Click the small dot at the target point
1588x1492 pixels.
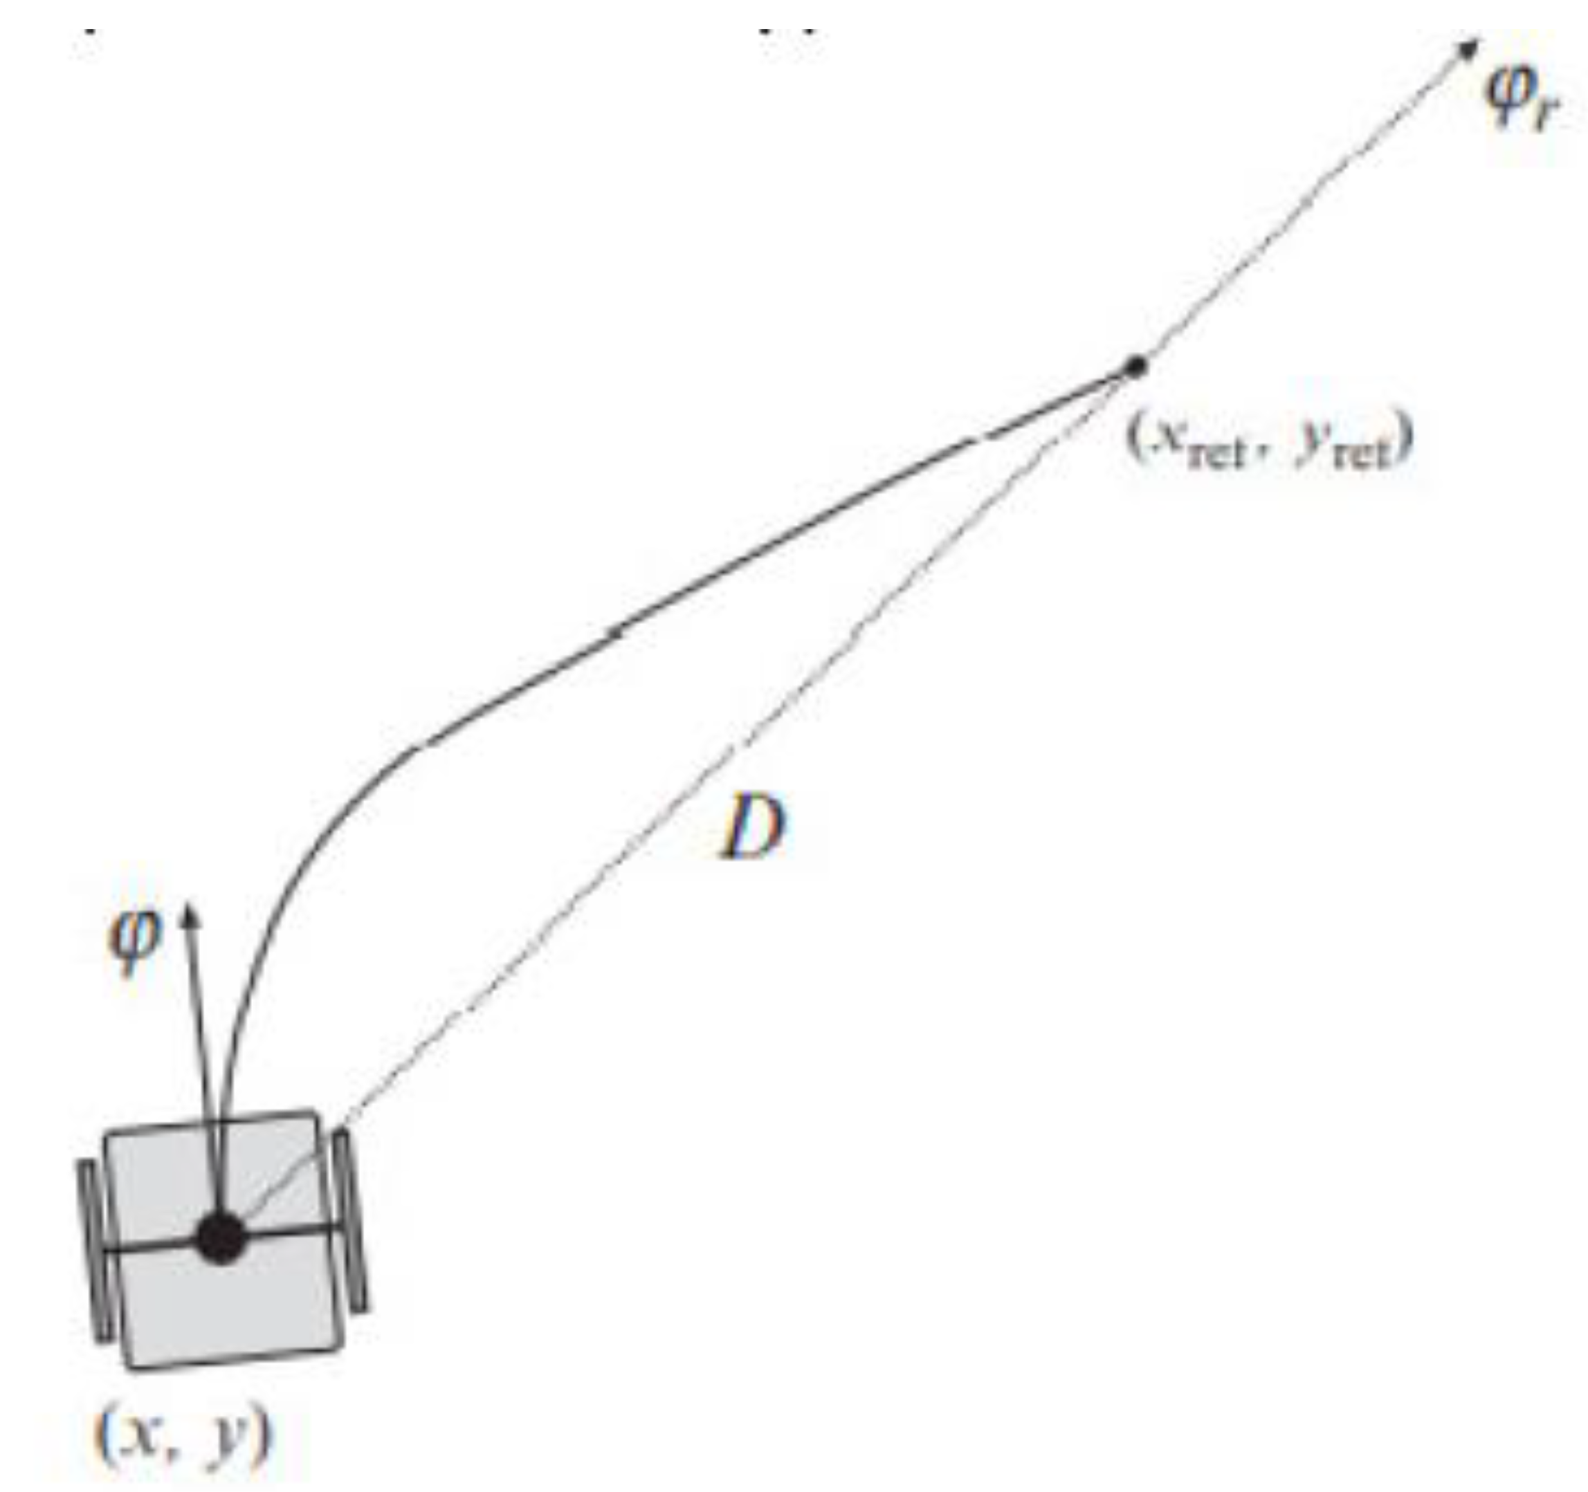[x=1135, y=366]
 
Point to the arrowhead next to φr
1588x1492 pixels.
[x=1468, y=48]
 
